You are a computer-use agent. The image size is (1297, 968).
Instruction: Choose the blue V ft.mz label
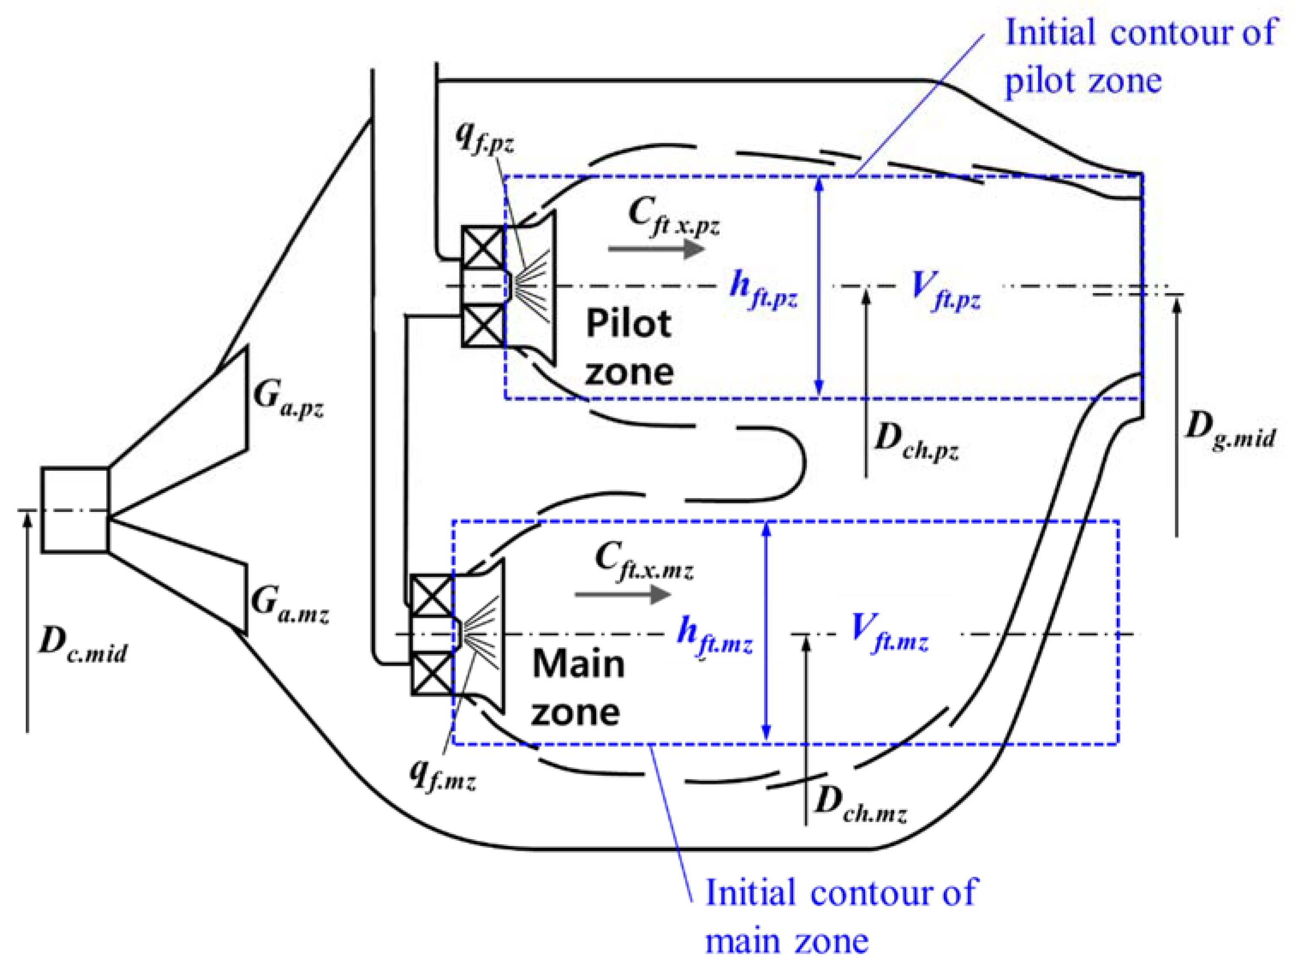(888, 635)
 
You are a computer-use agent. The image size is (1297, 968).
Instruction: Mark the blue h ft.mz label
(714, 637)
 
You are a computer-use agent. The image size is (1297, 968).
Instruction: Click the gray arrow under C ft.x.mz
(622, 595)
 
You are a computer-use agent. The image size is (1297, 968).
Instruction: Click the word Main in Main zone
(578, 665)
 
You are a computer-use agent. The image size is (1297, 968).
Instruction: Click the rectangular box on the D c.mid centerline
(74, 509)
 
